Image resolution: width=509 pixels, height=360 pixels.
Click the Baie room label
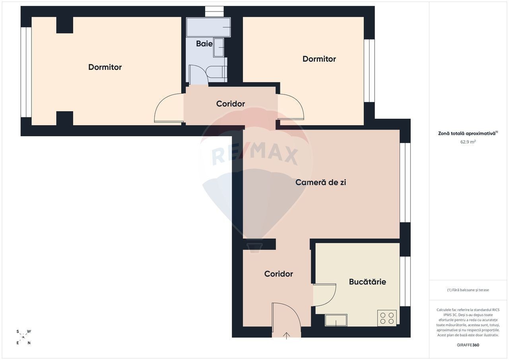(204, 44)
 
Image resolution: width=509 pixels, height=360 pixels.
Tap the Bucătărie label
(367, 282)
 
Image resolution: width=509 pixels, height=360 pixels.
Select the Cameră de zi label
(321, 182)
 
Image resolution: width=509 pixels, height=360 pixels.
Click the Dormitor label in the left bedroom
(105, 67)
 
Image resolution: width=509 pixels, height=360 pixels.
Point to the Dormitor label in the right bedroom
(319, 59)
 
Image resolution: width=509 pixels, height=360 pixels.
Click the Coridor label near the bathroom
(230, 104)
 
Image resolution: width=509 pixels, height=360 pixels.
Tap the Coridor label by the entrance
(278, 274)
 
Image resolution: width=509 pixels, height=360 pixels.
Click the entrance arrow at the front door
(287, 336)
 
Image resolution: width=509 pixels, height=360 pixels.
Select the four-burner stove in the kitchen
(387, 318)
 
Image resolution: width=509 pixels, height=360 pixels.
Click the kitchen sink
(336, 320)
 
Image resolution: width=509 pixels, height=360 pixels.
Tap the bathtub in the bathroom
(208, 27)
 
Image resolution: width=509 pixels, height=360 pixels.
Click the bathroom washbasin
(219, 47)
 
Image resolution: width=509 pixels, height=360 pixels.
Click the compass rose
(23, 337)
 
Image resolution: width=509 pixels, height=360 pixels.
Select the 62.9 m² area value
(468, 142)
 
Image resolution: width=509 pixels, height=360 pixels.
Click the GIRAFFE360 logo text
(468, 345)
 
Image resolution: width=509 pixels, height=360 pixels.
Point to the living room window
(405, 182)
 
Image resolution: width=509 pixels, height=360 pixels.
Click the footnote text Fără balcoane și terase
(468, 290)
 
